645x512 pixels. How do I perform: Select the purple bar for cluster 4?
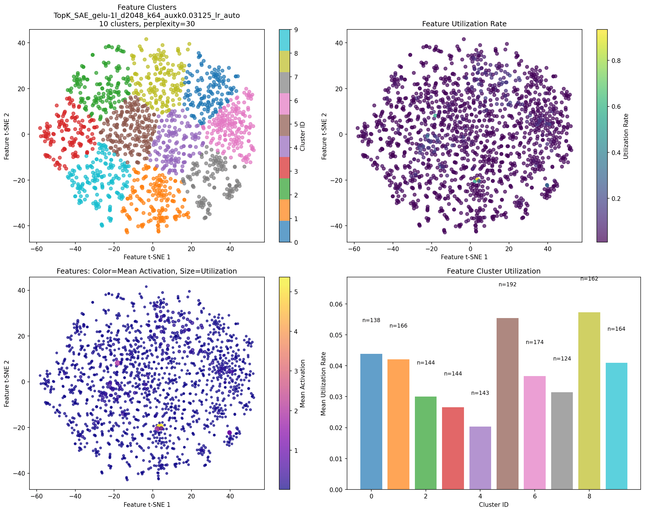(x=480, y=457)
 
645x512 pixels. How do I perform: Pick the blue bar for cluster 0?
(x=371, y=422)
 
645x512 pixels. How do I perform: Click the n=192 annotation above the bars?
(x=507, y=284)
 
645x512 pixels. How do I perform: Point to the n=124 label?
(x=562, y=358)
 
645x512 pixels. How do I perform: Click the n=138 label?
(x=371, y=320)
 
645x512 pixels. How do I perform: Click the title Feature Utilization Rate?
(x=464, y=24)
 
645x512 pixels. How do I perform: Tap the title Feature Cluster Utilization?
(x=494, y=271)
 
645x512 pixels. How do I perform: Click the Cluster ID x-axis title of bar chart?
(x=494, y=504)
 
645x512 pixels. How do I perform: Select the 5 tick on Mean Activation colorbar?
(x=295, y=292)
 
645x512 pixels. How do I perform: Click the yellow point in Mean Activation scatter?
(x=160, y=426)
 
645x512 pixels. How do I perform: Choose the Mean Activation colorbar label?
(x=303, y=384)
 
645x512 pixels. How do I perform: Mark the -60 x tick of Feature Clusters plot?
(x=36, y=248)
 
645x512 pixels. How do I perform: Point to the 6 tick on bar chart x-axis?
(x=535, y=496)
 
